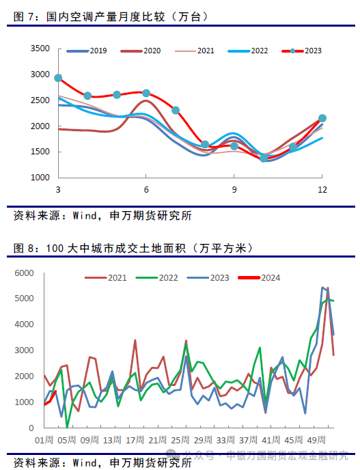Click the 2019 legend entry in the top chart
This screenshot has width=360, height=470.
click(x=87, y=51)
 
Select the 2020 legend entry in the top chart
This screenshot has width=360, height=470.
click(x=141, y=51)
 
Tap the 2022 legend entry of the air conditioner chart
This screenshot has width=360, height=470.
click(x=248, y=51)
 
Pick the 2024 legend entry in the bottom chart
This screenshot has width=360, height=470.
click(x=260, y=278)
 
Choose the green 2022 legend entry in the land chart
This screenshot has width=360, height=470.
click(x=157, y=278)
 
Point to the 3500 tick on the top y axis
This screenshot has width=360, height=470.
click(x=40, y=49)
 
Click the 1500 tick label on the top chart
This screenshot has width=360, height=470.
click(x=40, y=152)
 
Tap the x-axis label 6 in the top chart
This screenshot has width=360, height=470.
click(x=146, y=190)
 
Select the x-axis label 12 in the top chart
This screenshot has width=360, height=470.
click(x=322, y=190)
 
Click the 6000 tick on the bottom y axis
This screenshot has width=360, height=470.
click(x=25, y=273)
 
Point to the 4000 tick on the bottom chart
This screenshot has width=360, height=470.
click(x=25, y=324)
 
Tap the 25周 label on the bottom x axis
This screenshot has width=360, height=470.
click(x=180, y=440)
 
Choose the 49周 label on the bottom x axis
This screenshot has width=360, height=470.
click(x=316, y=440)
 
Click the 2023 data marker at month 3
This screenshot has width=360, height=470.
click(x=58, y=79)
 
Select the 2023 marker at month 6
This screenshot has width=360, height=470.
click(x=146, y=93)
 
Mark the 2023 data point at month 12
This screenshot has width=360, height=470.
click(x=322, y=118)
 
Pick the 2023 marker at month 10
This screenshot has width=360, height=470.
click(x=264, y=158)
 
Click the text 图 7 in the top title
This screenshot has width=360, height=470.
click(x=24, y=17)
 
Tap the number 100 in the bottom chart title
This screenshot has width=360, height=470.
click(x=55, y=248)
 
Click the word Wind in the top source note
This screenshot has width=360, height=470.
click(x=85, y=216)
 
